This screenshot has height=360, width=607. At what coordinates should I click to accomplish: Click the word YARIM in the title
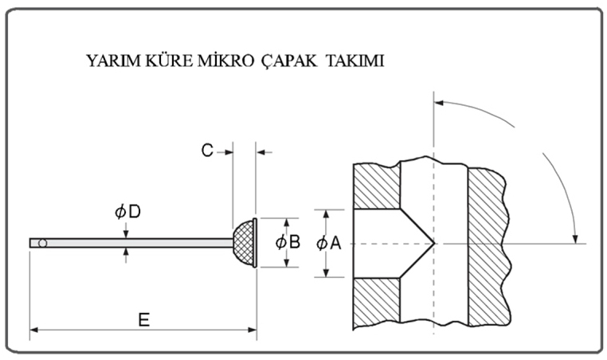pyautogui.click(x=110, y=61)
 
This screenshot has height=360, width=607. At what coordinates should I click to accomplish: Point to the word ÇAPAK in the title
pyautogui.click(x=284, y=61)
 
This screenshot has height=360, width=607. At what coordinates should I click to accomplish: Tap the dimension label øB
pyautogui.click(x=288, y=242)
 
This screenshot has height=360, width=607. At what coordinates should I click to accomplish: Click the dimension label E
pyautogui.click(x=144, y=319)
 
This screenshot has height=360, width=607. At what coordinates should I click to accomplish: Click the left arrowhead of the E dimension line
pyautogui.click(x=34, y=328)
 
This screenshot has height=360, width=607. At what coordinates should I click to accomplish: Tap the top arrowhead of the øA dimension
pyautogui.click(x=326, y=213)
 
